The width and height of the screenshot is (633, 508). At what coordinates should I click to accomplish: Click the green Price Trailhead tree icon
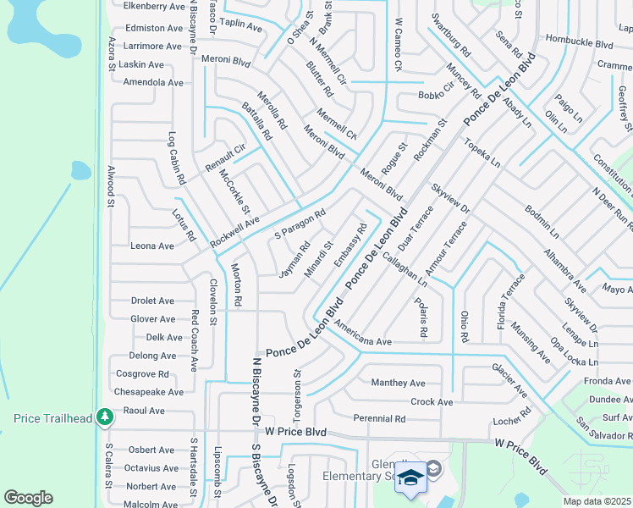click(104, 417)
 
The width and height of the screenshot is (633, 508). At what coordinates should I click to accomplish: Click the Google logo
click(28, 498)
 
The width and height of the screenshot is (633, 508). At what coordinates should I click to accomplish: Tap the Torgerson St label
click(297, 390)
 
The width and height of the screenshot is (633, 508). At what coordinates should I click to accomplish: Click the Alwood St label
click(109, 185)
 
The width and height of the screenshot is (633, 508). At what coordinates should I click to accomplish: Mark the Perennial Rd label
click(379, 418)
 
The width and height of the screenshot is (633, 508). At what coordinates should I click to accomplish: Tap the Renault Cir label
click(226, 158)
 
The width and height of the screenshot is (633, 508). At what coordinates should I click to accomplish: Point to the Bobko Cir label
click(436, 96)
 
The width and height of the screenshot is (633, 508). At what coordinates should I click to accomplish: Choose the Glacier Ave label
click(510, 381)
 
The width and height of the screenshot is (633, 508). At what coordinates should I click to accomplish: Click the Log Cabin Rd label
click(177, 158)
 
